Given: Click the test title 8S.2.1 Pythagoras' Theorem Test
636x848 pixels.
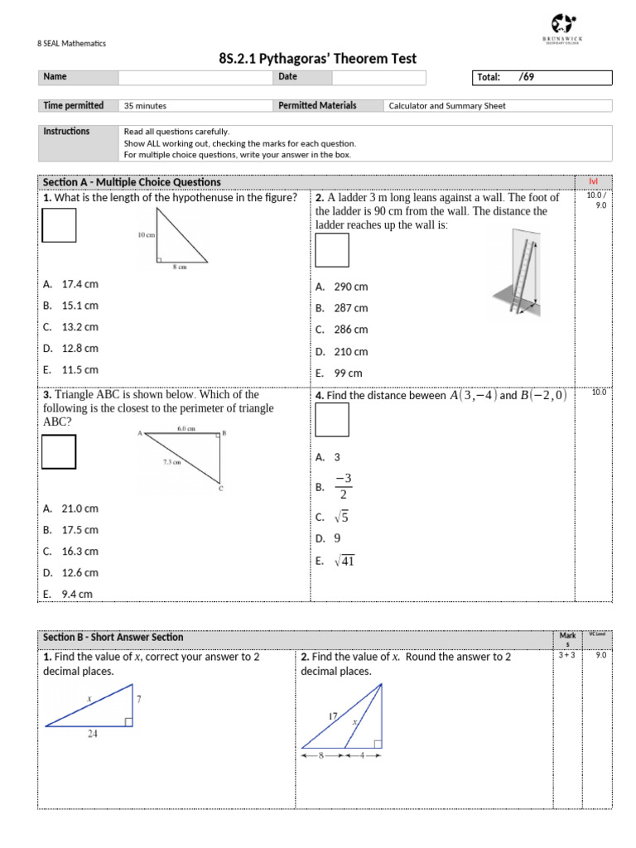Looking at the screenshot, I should pos(317,58).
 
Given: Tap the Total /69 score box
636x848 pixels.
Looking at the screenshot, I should pos(542,78).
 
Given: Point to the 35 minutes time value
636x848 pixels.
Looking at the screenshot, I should pos(145,106).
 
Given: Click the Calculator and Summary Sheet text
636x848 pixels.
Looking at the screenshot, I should pos(447,106).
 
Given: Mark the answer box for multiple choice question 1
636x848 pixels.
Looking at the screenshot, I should pos(59,224).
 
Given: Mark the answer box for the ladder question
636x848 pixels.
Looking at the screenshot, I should pos(332,250).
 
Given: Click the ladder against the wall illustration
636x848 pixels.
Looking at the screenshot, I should pos(518,273).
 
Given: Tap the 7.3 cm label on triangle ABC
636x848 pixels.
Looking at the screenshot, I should pos(173,462).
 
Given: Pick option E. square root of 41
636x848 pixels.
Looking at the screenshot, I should pos(335,561).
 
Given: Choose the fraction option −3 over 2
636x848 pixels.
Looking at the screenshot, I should pos(343,487).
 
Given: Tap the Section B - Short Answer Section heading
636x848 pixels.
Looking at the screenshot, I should pos(113,637).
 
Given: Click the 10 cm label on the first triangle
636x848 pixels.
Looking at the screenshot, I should pos(146,235).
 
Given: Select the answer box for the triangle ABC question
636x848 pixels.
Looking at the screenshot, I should pos(59,451).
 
